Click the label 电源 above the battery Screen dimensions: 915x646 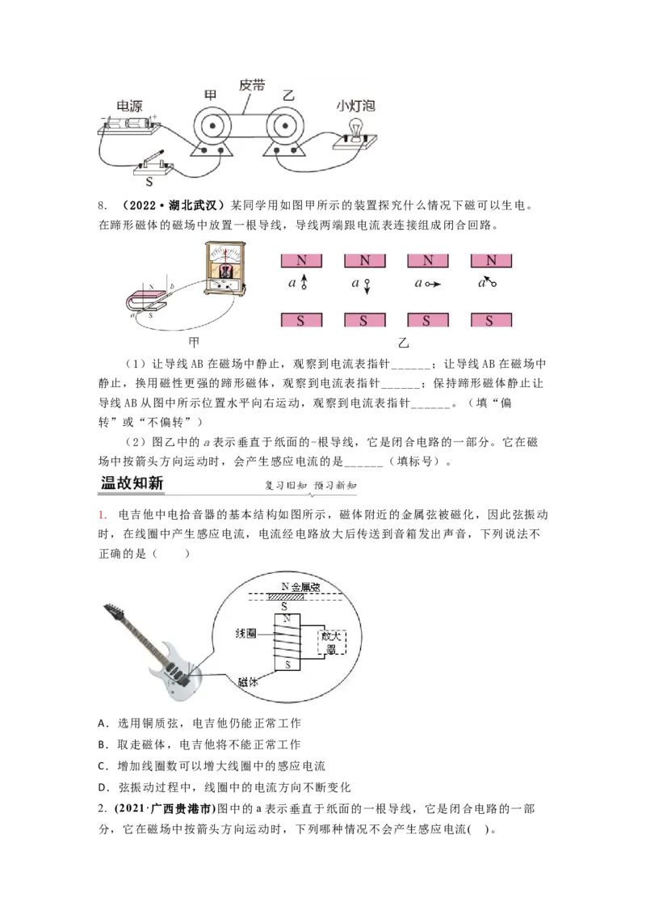[x=130, y=106]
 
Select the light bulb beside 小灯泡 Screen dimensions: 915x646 [x=354, y=128]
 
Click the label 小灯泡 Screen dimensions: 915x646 [x=356, y=106]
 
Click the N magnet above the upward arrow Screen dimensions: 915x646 [x=301, y=261]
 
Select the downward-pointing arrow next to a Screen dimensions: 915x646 [x=367, y=285]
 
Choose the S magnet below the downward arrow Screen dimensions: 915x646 [x=364, y=320]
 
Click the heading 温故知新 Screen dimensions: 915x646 [x=132, y=483]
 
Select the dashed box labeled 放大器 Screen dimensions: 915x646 [x=331, y=642]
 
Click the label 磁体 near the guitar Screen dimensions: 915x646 [x=248, y=681]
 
